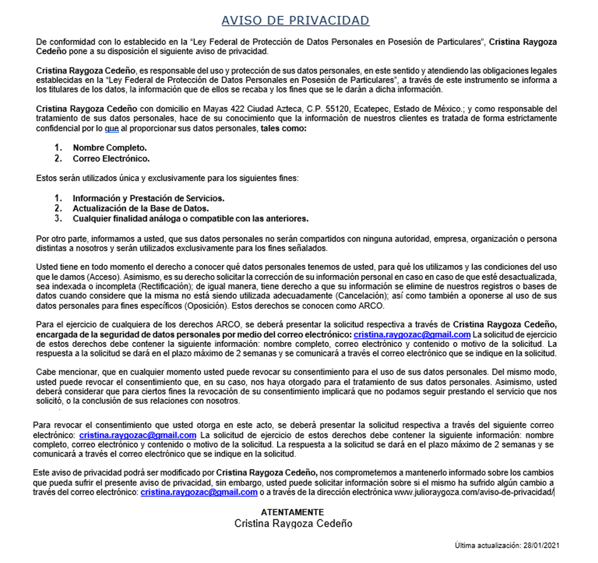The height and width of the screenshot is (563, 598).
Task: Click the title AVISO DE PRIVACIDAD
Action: pos(295,20)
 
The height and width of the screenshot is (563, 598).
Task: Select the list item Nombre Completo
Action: pos(110,147)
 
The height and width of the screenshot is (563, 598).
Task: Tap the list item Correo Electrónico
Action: pos(111,158)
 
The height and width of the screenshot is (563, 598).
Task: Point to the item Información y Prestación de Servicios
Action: pos(148,198)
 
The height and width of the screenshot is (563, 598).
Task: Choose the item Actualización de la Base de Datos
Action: pos(140,208)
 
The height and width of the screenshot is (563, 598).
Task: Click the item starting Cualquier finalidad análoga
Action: pos(190,218)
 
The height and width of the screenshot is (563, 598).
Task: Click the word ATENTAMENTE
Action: pos(292,512)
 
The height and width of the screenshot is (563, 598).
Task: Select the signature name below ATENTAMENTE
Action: pos(293,523)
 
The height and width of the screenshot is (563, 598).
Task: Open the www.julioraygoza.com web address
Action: pos(474,493)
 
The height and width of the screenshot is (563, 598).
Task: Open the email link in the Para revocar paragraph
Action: pos(138,435)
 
